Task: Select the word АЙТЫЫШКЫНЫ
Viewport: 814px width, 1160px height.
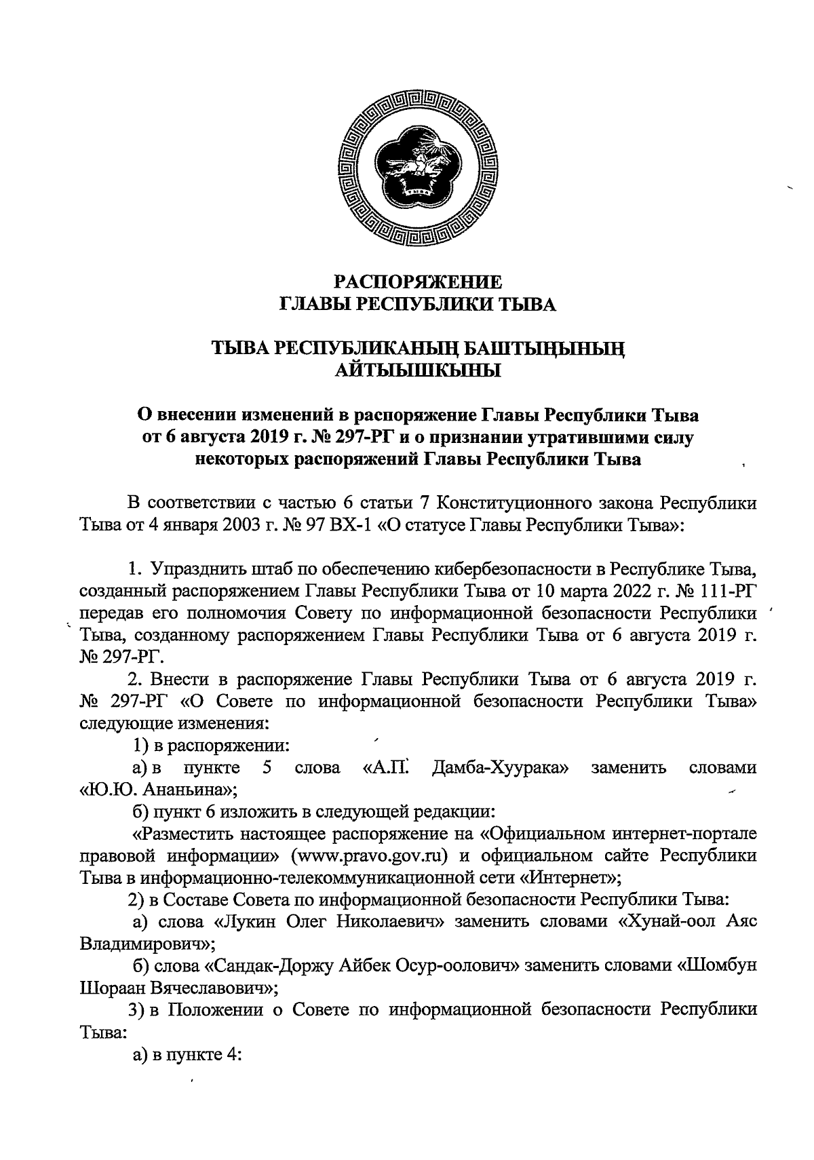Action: click(419, 370)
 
